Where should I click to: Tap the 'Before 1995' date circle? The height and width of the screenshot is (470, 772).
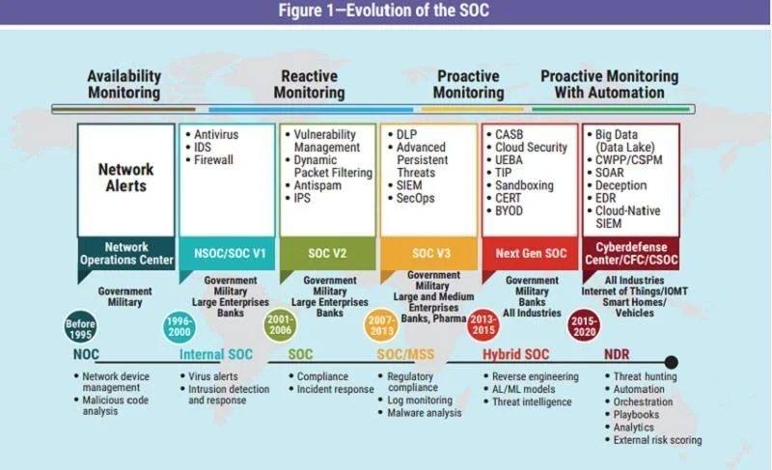click(x=80, y=327)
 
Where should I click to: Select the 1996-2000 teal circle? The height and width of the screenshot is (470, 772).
click(x=179, y=327)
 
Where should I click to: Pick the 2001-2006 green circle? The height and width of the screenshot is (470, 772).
click(x=280, y=325)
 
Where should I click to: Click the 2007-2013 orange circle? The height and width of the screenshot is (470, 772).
click(x=381, y=325)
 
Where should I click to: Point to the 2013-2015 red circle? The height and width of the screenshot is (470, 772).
click(x=483, y=325)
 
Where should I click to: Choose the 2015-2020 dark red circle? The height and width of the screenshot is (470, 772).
click(x=584, y=326)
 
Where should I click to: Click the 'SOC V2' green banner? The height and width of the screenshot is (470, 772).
click(x=327, y=254)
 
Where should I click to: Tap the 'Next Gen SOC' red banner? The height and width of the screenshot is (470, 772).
click(x=531, y=254)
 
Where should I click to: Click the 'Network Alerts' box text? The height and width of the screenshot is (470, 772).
click(x=126, y=178)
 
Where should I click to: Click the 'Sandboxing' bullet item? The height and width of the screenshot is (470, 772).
click(x=520, y=185)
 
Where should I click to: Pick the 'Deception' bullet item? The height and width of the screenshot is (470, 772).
click(x=617, y=185)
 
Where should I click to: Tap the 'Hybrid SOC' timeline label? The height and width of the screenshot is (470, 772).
click(x=515, y=354)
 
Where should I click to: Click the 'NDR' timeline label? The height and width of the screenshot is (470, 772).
click(x=617, y=354)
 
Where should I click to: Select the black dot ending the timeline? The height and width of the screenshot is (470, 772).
click(x=671, y=363)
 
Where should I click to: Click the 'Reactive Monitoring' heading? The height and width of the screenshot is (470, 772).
click(x=309, y=84)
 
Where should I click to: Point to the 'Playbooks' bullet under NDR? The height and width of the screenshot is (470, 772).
click(x=632, y=415)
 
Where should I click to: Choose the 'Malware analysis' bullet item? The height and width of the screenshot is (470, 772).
click(x=420, y=413)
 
